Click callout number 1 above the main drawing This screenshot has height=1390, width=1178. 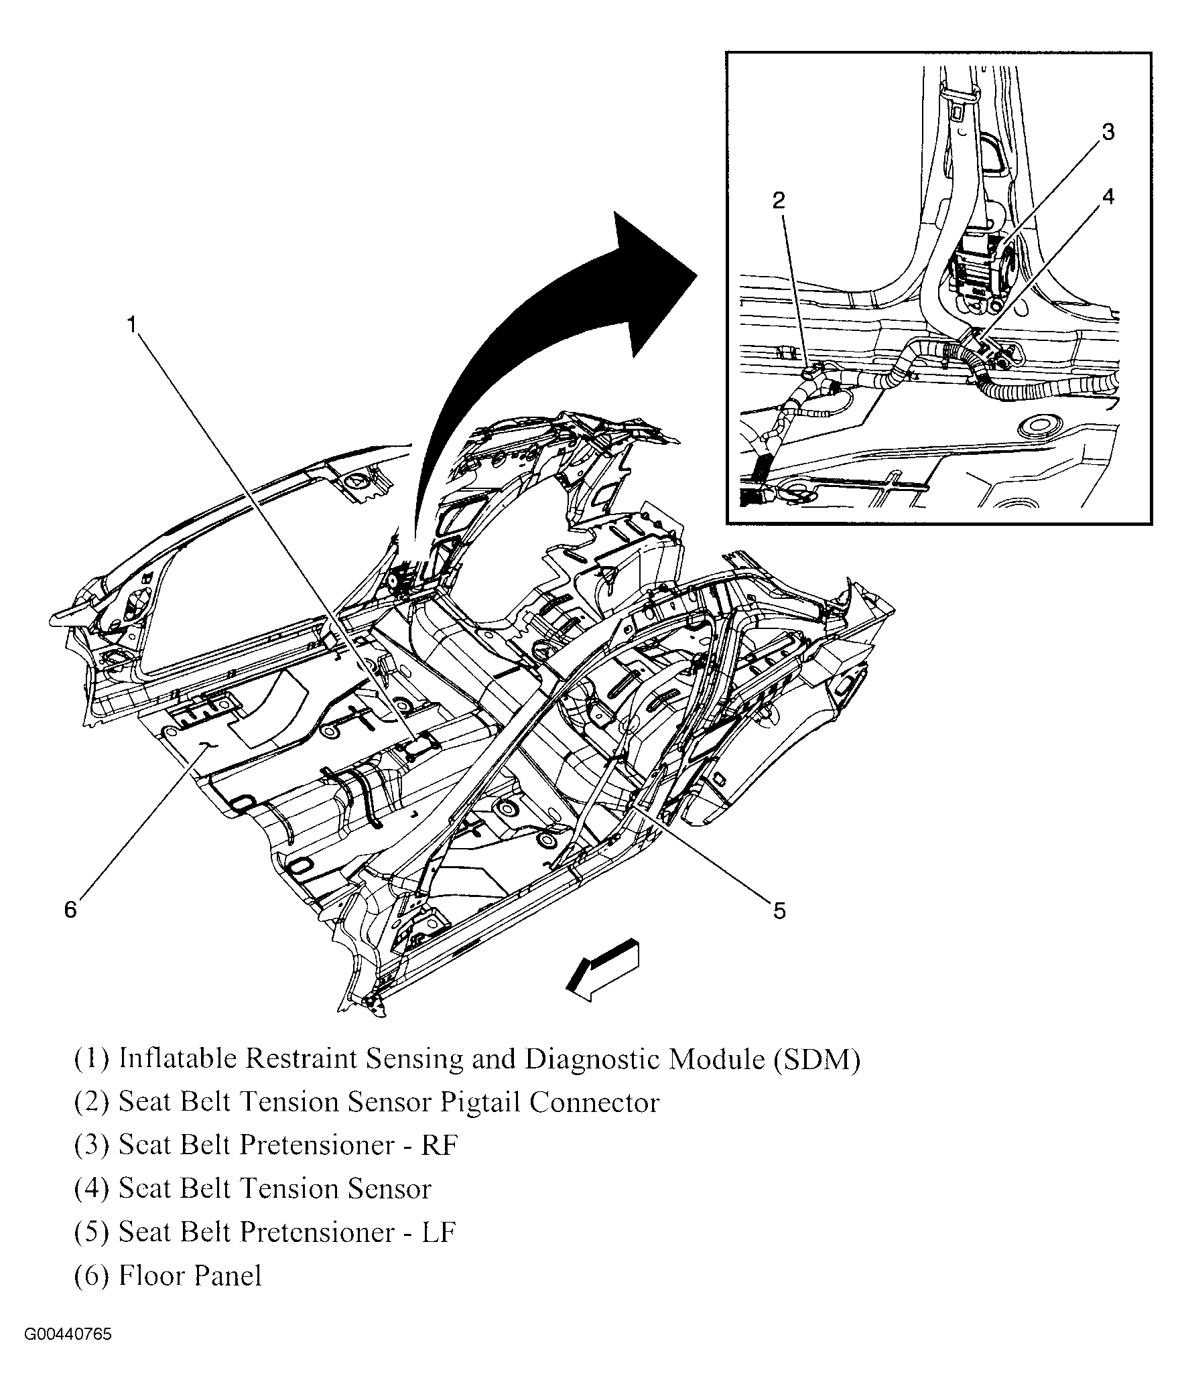(x=133, y=325)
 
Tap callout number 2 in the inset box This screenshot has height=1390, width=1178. (x=778, y=200)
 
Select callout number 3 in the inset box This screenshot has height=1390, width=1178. (x=1108, y=132)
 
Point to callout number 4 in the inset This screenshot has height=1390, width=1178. (x=1108, y=196)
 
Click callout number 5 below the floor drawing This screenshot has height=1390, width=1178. (x=779, y=911)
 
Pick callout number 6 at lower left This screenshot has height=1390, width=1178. (x=70, y=910)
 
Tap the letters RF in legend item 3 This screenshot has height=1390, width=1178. (x=439, y=1145)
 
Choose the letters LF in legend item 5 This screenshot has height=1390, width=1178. (x=439, y=1233)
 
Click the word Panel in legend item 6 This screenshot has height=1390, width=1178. (x=227, y=1276)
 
